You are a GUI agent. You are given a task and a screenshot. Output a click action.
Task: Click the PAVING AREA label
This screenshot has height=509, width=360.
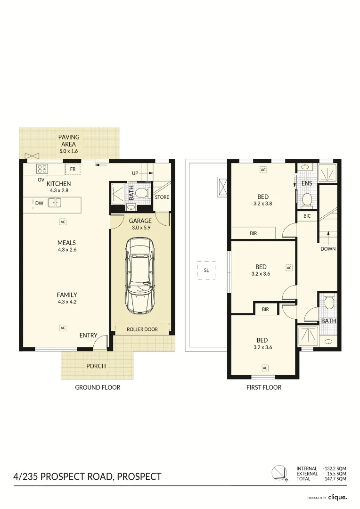click(x=69, y=140)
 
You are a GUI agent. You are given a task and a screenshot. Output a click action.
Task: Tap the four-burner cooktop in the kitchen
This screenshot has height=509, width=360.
click(x=41, y=169)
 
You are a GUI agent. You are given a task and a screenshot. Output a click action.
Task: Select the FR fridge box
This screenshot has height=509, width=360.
click(x=73, y=169)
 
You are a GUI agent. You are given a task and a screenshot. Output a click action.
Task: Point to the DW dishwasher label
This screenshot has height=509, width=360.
click(x=39, y=203)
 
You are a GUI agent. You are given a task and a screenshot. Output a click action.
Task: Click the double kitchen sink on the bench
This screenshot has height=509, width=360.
click(x=55, y=203)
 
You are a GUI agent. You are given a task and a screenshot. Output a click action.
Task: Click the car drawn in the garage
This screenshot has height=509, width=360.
click(x=140, y=276)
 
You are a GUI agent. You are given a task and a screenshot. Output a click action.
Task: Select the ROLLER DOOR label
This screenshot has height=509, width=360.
click(x=142, y=329)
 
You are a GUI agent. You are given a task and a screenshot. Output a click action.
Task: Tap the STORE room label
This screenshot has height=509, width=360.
click(x=162, y=197)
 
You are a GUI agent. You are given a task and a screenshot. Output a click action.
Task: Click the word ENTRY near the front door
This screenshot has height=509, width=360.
click(x=88, y=336)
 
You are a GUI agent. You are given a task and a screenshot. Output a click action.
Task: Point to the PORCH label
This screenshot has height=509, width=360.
click(x=96, y=366)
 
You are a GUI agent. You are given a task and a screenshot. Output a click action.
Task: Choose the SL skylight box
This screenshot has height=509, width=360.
click(x=206, y=271)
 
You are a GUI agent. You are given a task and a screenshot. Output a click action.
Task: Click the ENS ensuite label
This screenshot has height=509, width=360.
click(x=306, y=183)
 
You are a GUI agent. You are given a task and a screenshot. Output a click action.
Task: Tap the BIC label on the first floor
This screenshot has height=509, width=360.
click(x=307, y=216)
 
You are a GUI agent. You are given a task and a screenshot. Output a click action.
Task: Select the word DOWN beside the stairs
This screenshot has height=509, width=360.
click(x=328, y=248)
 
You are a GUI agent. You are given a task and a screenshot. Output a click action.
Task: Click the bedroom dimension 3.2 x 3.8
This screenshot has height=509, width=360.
click(x=262, y=204)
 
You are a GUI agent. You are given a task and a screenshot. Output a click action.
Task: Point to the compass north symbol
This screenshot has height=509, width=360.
click(x=278, y=473)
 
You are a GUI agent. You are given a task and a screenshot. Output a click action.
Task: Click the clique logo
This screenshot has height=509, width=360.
click(x=338, y=497)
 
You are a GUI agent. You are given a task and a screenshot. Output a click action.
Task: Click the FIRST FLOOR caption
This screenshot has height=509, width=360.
click(x=264, y=387)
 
